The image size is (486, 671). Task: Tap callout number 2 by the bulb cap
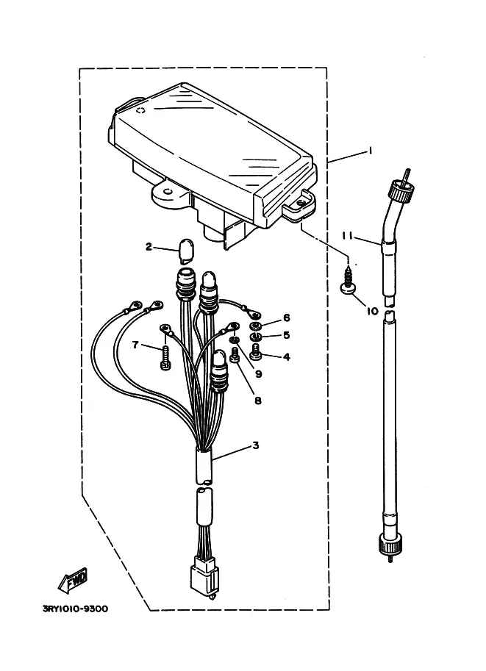pos(149,246)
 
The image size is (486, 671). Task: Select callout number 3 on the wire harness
pos(256,445)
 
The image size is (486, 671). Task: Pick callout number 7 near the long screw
pos(135,344)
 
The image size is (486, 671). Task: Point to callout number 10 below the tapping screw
pos(373,311)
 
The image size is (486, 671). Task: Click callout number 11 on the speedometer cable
pos(347,235)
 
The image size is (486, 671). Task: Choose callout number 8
pos(258,401)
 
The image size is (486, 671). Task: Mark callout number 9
pos(258,373)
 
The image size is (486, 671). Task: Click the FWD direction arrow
pos(74,581)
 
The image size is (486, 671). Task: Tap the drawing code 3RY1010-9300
pos(75,609)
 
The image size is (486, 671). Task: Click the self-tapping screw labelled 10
pos(348,279)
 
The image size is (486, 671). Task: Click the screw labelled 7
pos(165,361)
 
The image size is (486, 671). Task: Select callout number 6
pos(286,317)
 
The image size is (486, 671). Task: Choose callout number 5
pos(286,335)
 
